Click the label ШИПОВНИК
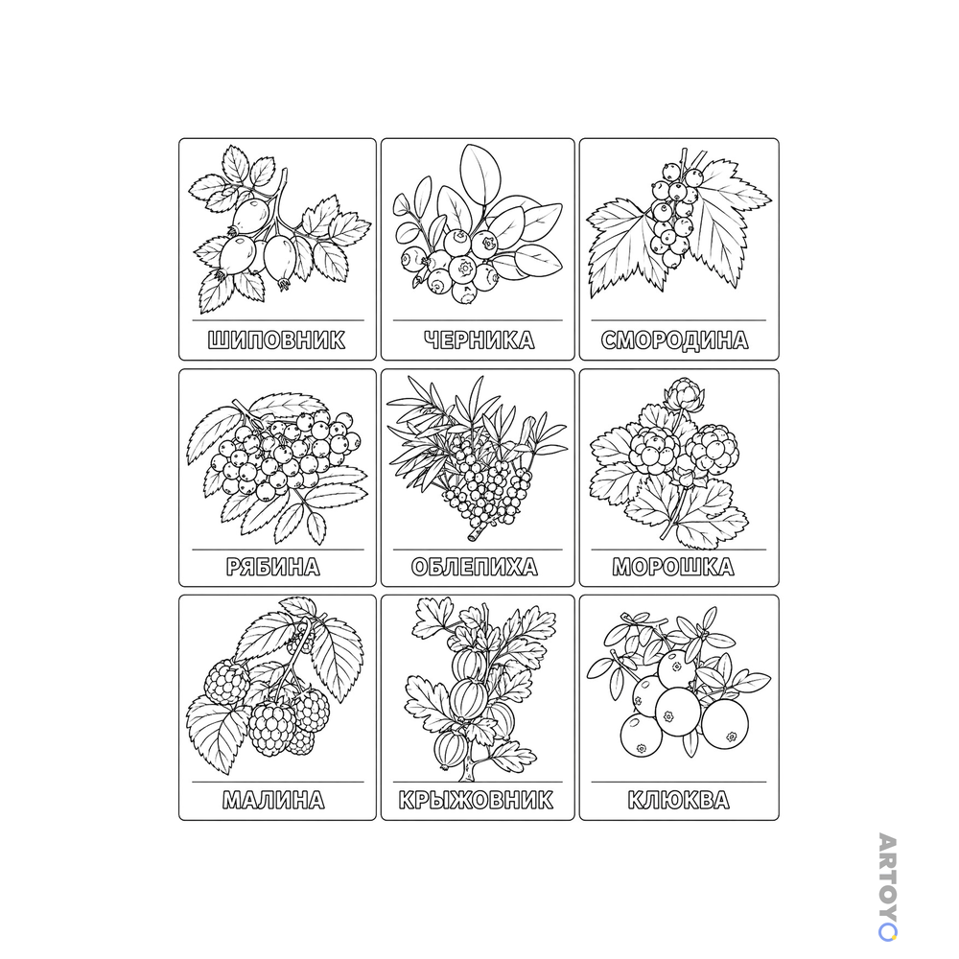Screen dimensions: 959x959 pos(276,340)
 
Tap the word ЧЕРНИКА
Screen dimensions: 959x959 pos(479,340)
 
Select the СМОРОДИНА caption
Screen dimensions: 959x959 pos(674,340)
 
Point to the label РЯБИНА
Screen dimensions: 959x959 pos(272,567)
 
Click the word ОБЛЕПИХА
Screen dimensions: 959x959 pos(475,567)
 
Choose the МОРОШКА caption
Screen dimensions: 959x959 pos(673,567)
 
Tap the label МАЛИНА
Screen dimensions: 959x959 pos(273,800)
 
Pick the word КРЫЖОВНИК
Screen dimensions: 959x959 pos(476,800)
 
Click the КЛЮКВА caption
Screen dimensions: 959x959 pos(679,800)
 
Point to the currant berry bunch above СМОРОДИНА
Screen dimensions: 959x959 pos(674,215)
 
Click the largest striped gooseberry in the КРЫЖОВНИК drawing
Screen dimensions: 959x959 pos(468,699)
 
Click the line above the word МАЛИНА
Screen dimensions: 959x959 pos(278,782)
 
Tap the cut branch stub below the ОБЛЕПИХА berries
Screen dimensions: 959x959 pos(477,531)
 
